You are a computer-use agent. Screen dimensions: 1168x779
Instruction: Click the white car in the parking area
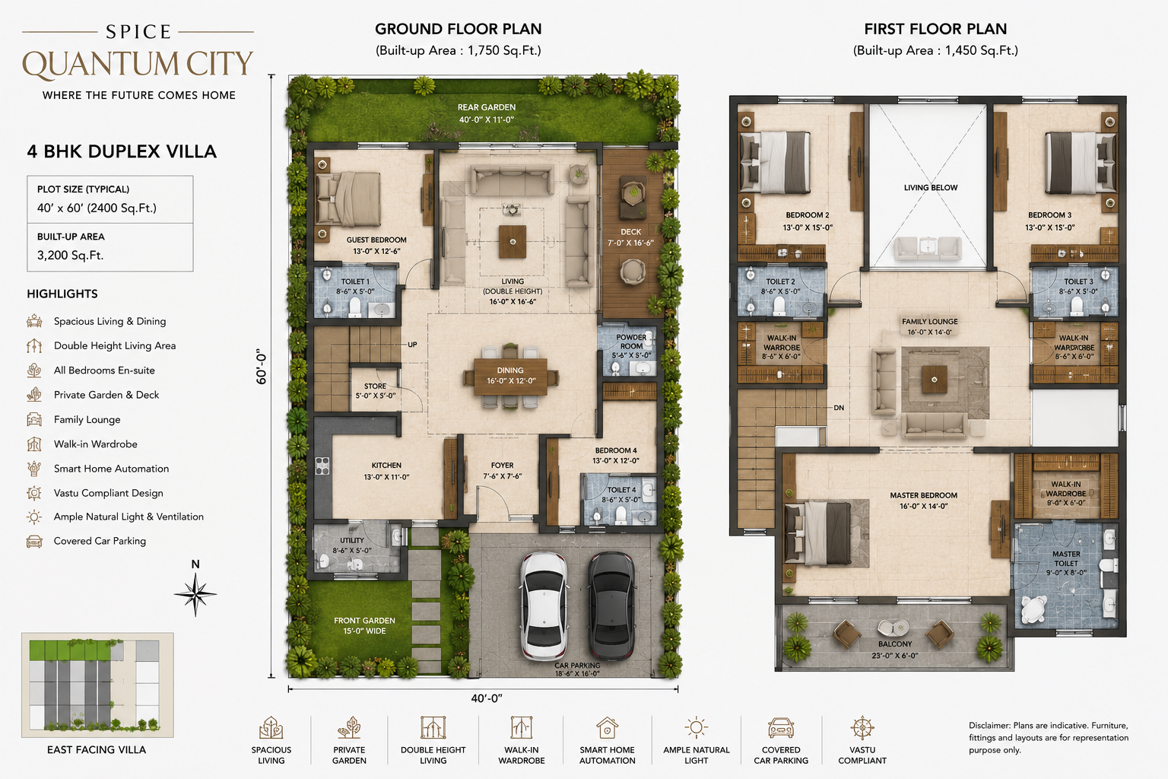(544, 606)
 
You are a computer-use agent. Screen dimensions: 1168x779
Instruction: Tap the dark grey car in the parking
(611, 606)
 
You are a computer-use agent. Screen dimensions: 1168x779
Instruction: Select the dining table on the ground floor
(510, 377)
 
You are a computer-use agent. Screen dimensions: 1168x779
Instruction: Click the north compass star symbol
(195, 594)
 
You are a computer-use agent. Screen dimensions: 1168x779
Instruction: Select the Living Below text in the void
(931, 188)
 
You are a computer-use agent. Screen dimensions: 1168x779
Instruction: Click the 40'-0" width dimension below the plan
(487, 698)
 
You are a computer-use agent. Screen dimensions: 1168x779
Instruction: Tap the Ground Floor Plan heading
(459, 29)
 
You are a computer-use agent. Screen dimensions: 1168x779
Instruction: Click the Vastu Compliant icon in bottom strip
(862, 728)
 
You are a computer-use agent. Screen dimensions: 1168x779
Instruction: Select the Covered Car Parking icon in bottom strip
(781, 728)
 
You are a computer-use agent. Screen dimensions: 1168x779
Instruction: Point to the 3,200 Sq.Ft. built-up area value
(71, 255)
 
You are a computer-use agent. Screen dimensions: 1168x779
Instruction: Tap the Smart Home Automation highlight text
(111, 469)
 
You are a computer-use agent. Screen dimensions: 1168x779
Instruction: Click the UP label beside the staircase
(412, 345)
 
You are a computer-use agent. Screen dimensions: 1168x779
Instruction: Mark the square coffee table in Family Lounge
(934, 380)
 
